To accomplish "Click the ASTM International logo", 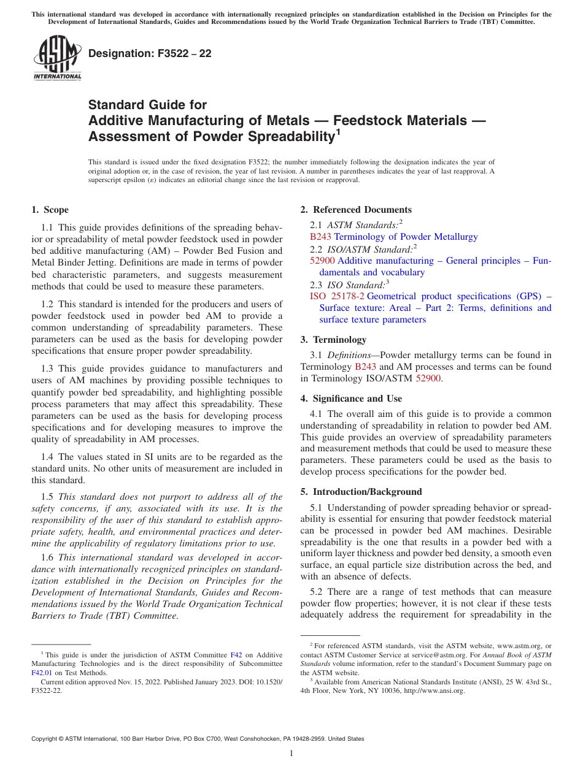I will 56,59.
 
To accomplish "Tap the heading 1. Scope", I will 50,210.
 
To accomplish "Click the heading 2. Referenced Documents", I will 356,210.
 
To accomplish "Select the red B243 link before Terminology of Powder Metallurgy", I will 321,237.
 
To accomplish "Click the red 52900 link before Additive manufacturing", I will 323,261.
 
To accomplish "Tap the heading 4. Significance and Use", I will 351,399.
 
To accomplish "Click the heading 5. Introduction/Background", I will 361,492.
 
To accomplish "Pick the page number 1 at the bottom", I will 291,753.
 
